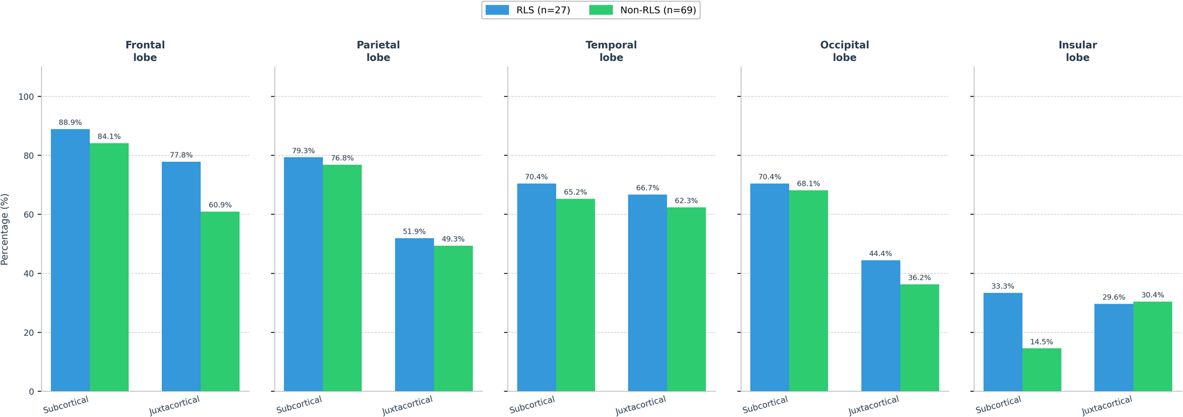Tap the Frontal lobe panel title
point(145,51)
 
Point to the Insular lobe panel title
point(1077,51)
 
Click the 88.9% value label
point(70,123)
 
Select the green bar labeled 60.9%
point(220,301)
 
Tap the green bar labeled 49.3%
point(453,319)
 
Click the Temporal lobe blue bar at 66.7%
point(647,293)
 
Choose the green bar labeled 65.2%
point(575,295)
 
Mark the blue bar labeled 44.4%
point(880,326)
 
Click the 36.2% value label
point(919,278)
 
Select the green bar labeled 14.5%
point(1041,370)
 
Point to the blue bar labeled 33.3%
point(1002,342)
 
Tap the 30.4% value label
point(1153,295)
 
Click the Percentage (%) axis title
point(5,229)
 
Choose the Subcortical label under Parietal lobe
point(299,405)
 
